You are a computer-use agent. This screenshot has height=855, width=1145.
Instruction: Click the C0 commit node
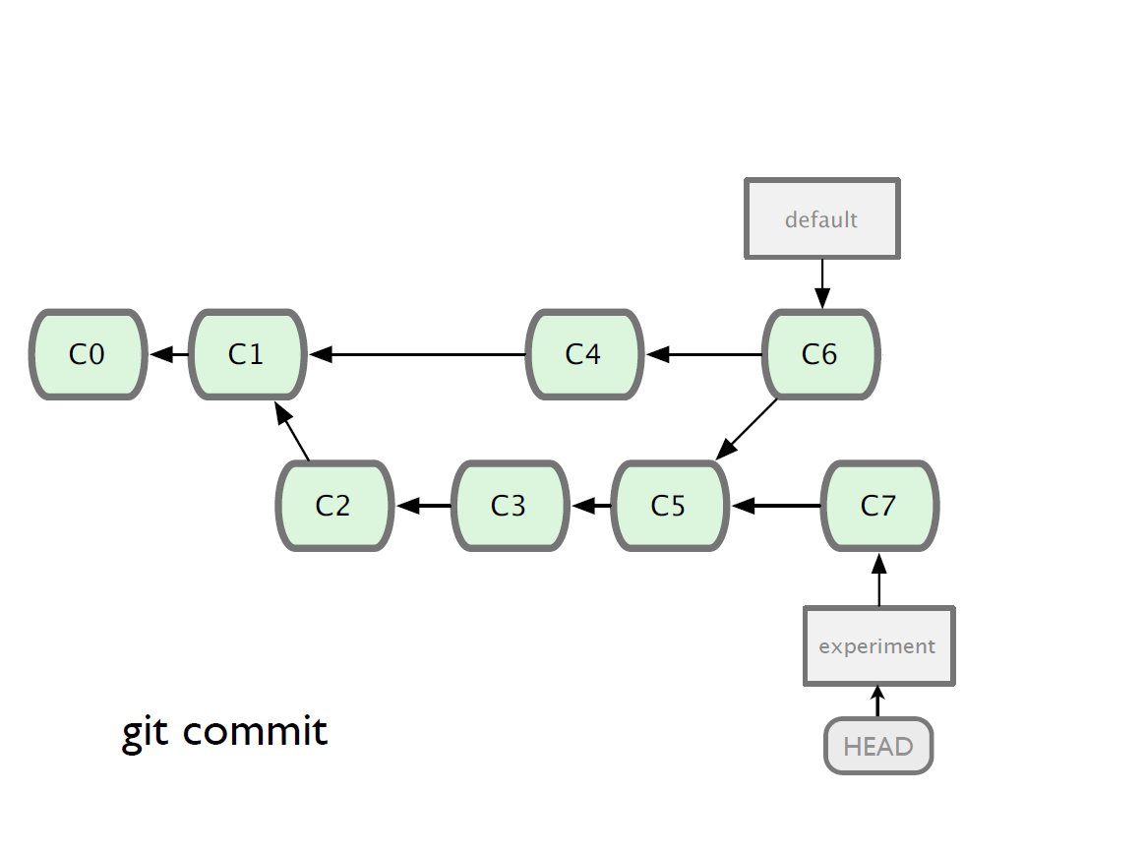point(88,355)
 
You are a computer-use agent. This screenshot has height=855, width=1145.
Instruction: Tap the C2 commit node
point(334,506)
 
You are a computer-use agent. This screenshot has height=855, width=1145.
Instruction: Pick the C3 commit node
point(510,506)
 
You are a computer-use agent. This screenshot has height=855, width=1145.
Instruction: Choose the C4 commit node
point(584,355)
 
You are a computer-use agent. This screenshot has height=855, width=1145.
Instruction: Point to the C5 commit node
point(670,506)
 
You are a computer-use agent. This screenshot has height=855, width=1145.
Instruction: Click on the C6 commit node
point(820,355)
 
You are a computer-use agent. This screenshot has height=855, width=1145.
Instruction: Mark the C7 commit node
point(880,506)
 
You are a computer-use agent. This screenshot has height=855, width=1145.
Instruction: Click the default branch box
point(822,218)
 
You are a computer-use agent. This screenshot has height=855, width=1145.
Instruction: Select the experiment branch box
point(879,646)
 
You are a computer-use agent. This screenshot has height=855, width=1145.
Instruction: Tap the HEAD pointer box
point(878,746)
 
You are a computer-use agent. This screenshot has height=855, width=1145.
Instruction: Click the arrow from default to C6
point(822,284)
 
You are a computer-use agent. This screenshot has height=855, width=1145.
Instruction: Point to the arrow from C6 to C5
point(747,429)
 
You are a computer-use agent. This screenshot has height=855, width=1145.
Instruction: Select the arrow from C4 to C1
point(418,355)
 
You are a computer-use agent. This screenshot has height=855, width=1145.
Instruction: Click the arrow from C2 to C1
point(292,431)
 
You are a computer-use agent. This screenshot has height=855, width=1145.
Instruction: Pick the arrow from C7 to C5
point(776,506)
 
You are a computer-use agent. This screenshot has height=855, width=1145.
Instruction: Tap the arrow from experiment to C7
point(879,580)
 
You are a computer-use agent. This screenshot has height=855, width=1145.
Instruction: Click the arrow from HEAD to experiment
point(878,702)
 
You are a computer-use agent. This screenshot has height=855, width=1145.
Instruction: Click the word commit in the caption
point(255,731)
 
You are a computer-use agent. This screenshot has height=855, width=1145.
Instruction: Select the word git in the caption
point(146,732)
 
